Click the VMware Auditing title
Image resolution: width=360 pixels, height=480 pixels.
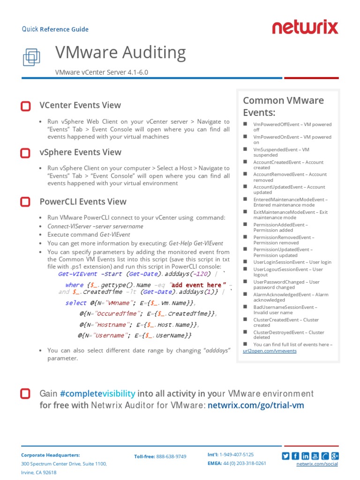[x=120, y=52]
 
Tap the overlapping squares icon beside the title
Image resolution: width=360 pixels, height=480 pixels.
[x=31, y=57]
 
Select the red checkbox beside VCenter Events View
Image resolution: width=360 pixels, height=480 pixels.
[x=26, y=106]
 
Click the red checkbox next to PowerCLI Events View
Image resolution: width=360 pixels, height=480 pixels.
[x=26, y=202]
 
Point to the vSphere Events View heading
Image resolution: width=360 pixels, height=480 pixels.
[x=80, y=152]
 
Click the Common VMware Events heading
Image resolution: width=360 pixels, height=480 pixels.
[x=283, y=106]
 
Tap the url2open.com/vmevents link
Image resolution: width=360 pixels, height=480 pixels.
[x=270, y=351]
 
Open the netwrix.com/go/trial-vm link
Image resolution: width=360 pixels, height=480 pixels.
[x=255, y=405]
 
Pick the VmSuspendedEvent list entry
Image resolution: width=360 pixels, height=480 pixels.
[x=281, y=152]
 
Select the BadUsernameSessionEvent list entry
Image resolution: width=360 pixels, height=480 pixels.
[x=285, y=310]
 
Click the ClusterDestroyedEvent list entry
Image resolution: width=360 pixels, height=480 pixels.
[x=288, y=335]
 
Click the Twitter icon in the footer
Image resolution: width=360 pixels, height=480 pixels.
[x=285, y=456]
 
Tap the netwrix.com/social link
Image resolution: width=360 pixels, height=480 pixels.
[x=317, y=464]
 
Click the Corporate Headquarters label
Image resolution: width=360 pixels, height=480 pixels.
[x=51, y=455]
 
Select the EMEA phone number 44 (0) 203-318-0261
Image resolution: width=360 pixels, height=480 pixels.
[x=244, y=463]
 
